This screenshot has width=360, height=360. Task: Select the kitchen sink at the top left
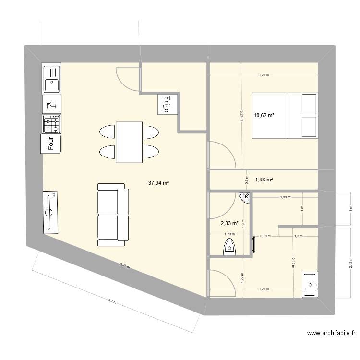coord(51,79)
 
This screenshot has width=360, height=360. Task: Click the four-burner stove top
coord(51,123)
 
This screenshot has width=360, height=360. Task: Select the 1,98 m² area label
coord(264,180)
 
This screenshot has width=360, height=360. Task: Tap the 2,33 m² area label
coord(229,223)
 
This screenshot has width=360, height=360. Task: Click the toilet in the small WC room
coord(229,247)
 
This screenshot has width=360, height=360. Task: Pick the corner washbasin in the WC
coord(245,197)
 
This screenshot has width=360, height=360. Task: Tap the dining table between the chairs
coord(129,142)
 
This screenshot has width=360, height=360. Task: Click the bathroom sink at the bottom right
coord(310,285)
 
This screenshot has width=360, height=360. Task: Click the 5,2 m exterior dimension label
coord(111,301)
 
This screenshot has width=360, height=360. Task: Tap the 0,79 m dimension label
coord(265,236)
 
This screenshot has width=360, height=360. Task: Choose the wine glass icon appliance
coord(51,104)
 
